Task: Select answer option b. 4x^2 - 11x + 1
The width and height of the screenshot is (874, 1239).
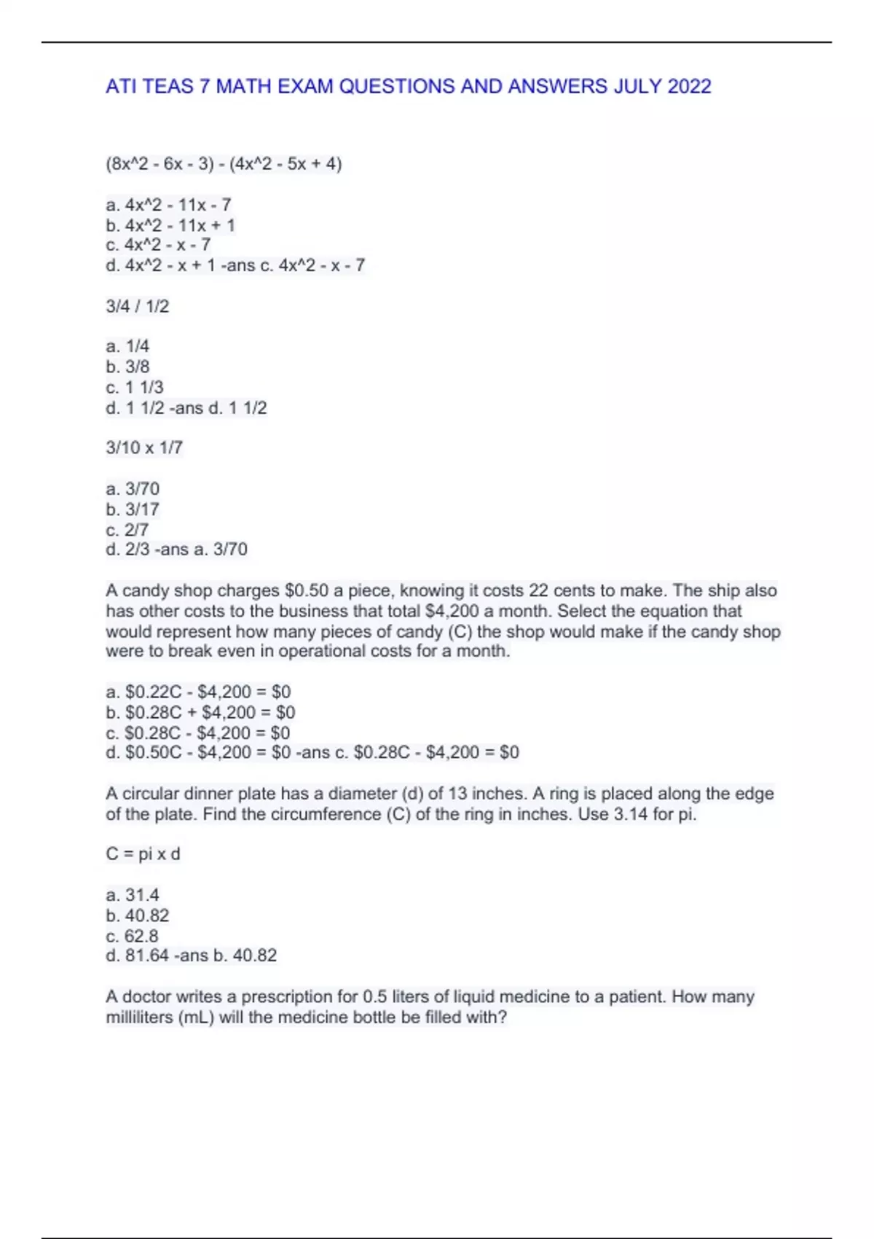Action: coord(170,225)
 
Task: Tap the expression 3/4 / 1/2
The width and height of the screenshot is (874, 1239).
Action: coord(137,306)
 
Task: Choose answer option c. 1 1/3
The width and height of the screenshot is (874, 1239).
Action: coord(135,387)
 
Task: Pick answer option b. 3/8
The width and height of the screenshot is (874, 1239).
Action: coord(127,367)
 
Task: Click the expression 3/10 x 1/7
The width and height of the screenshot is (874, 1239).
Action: coord(144,447)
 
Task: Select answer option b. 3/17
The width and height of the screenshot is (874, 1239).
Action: coord(133,509)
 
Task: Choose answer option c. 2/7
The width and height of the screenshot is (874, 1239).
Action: coord(127,529)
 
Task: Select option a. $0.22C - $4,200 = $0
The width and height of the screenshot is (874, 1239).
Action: coord(198,692)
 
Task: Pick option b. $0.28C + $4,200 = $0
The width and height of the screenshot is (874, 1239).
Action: coord(200,712)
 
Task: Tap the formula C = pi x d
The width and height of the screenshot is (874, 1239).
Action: coord(143,853)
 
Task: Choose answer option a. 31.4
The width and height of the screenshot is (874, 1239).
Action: coord(133,894)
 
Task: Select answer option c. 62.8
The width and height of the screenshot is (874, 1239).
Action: coord(132,935)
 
